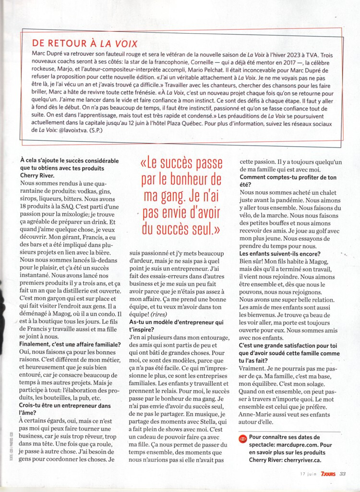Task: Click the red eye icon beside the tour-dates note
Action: (x=243, y=438)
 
